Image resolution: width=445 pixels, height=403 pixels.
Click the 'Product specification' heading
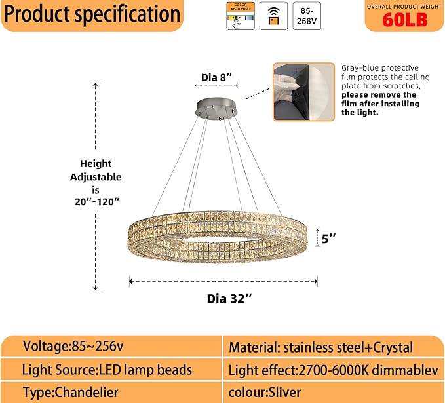point(92,14)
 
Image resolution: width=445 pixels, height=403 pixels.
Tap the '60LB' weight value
point(404,20)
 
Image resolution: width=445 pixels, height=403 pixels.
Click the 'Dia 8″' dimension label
point(217,78)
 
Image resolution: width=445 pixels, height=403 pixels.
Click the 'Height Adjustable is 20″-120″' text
point(96,182)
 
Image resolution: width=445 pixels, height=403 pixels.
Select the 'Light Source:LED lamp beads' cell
point(107,370)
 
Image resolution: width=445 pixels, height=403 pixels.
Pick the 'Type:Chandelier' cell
point(67,392)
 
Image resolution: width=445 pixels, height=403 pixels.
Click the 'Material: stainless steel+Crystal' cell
point(320,347)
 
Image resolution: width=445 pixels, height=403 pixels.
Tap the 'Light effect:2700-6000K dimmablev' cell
point(333,370)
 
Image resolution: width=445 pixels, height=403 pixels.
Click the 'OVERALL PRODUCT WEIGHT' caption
point(404,5)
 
